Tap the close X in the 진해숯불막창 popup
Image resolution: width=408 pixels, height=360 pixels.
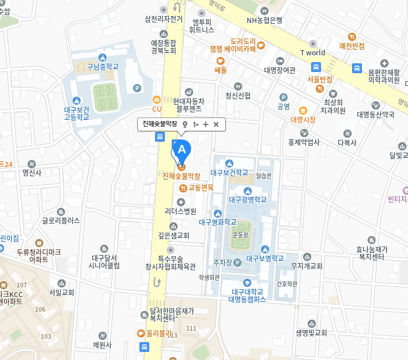(x=216, y=124)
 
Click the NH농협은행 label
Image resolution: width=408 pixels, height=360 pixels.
(x=265, y=20)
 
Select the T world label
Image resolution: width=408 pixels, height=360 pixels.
(x=312, y=52)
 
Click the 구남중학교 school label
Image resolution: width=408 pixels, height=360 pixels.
(x=103, y=66)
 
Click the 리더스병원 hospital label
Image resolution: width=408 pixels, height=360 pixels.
(x=180, y=211)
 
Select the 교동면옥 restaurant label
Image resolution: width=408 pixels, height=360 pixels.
(x=201, y=187)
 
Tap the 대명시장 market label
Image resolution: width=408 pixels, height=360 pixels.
(x=303, y=120)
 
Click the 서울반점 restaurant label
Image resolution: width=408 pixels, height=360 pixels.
(x=319, y=79)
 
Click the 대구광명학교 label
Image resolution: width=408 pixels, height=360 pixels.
(x=248, y=200)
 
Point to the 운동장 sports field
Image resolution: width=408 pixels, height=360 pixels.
(x=240, y=236)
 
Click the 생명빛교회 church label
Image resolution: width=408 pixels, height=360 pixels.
(x=311, y=332)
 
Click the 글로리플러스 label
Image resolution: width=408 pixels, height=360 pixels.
(x=61, y=220)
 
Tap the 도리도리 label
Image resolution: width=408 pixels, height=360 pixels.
(x=243, y=41)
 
